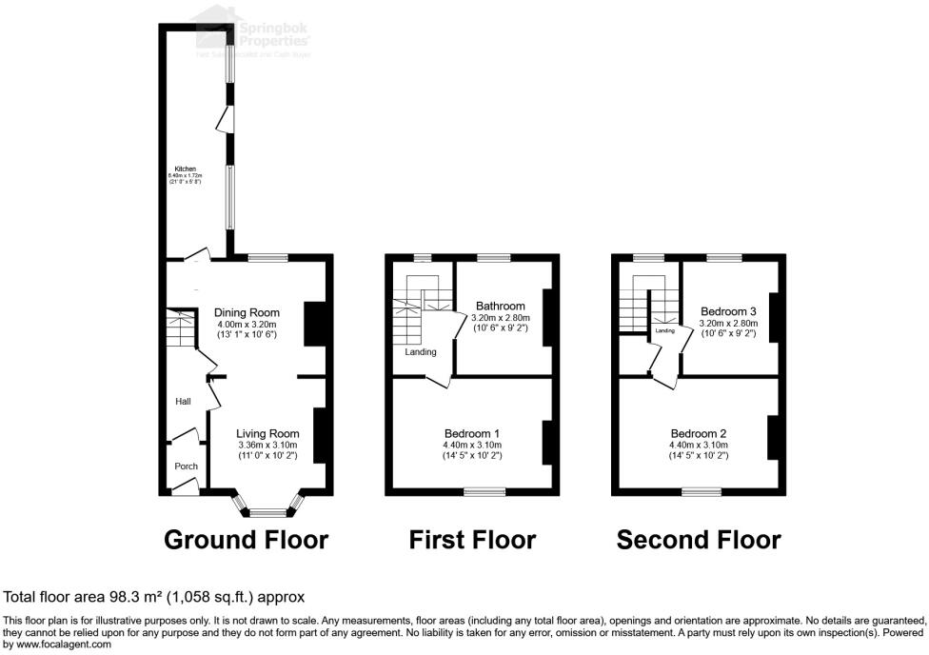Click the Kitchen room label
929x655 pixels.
[x=184, y=169]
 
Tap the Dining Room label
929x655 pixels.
[x=247, y=312]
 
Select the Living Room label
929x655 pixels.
[x=267, y=433]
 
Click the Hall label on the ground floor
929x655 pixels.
[x=183, y=402]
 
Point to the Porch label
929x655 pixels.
[x=185, y=466]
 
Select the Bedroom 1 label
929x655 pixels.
[x=472, y=433]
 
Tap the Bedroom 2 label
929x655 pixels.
[x=699, y=433]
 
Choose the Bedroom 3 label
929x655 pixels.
[x=728, y=311]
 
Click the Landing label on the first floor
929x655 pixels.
[x=421, y=352]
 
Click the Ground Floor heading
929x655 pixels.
[x=246, y=540]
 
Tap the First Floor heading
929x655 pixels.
[x=472, y=540]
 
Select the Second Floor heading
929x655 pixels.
[x=699, y=540]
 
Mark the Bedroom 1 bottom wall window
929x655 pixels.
[x=484, y=491]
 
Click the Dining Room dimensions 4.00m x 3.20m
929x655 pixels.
[x=247, y=324]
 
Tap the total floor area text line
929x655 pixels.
[x=154, y=597]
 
